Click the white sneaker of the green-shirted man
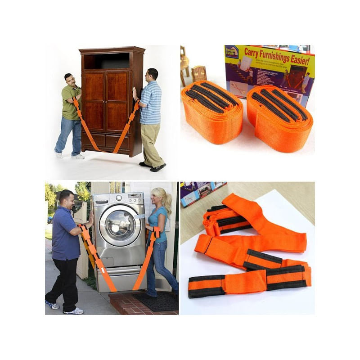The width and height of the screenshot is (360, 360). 78,156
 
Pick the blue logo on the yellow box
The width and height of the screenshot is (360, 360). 232,51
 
